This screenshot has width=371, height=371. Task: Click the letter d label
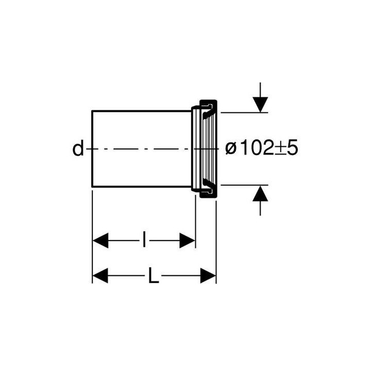(78, 148)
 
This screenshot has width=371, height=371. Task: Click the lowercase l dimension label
(144, 240)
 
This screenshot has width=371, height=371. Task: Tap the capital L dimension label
(154, 275)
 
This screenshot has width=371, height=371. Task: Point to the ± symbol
(280, 149)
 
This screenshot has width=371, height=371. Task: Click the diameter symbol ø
(231, 149)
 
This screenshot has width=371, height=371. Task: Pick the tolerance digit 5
(293, 148)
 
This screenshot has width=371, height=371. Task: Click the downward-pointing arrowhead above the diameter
(260, 104)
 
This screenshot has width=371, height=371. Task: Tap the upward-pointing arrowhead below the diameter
(260, 193)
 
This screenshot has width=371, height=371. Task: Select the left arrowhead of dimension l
(100, 241)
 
